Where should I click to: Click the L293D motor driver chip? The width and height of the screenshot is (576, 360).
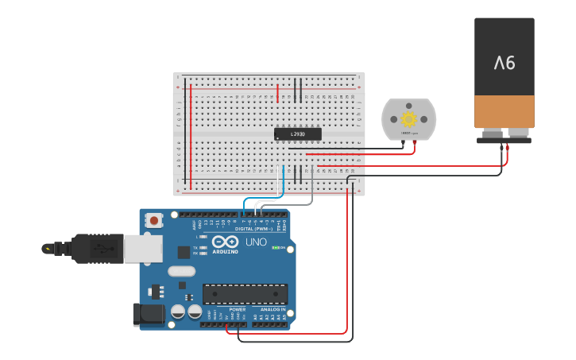click(297, 134)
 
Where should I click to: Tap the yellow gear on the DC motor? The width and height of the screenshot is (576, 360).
click(409, 119)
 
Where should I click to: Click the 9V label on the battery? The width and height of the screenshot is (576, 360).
click(504, 62)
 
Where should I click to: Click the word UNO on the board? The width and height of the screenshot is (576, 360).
click(256, 242)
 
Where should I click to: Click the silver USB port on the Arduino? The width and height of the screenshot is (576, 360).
click(143, 248)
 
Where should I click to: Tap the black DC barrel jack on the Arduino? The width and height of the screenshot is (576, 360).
click(149, 314)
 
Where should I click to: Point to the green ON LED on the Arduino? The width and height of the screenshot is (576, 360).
click(276, 247)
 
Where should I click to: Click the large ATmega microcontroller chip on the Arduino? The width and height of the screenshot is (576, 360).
click(245, 294)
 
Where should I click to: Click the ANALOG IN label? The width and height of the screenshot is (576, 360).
click(269, 309)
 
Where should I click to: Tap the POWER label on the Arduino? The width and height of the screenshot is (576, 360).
click(226, 309)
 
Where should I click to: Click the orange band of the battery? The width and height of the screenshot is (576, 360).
click(504, 111)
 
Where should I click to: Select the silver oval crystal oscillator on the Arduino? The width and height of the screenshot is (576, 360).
click(181, 271)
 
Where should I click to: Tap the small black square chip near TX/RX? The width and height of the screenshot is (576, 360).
click(184, 252)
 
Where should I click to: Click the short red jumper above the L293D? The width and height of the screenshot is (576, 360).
click(277, 93)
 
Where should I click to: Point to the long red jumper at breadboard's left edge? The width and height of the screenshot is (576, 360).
click(191, 135)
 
